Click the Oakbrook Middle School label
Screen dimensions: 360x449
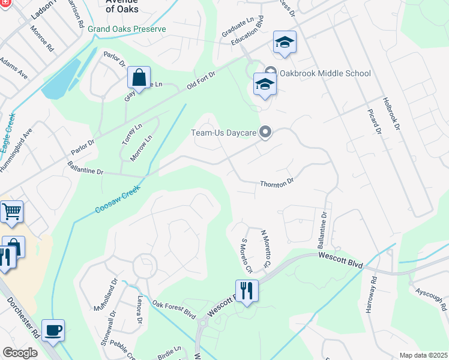click(324, 73)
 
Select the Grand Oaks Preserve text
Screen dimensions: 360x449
click(127, 29)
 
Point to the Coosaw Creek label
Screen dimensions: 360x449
click(118, 199)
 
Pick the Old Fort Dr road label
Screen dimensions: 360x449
click(200, 78)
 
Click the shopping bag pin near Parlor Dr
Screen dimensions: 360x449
click(139, 78)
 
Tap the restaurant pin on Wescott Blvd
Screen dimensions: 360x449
click(247, 291)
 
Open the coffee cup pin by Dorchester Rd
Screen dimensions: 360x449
click(53, 331)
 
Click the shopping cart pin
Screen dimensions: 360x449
click(11, 212)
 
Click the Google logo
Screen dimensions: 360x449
click(20, 353)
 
